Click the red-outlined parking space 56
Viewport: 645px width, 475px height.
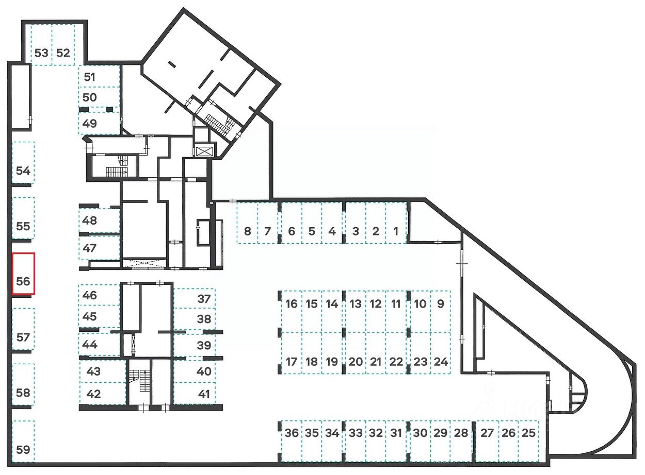click(x=23, y=274)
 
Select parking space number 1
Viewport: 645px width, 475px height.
click(x=396, y=223)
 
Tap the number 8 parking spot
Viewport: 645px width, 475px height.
click(x=247, y=223)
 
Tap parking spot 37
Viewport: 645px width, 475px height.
click(x=195, y=299)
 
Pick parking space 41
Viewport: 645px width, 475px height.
click(x=195, y=394)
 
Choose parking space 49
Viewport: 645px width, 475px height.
click(x=99, y=124)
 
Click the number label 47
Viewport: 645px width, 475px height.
click(x=90, y=248)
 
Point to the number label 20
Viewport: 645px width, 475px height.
click(x=356, y=362)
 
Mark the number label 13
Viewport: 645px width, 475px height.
click(x=356, y=304)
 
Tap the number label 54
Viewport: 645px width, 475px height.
click(x=23, y=171)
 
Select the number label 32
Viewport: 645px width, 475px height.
click(x=376, y=433)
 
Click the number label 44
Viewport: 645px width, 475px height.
click(x=90, y=344)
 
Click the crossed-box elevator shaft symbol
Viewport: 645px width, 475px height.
click(x=204, y=151)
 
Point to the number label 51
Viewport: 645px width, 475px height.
click(x=90, y=77)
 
